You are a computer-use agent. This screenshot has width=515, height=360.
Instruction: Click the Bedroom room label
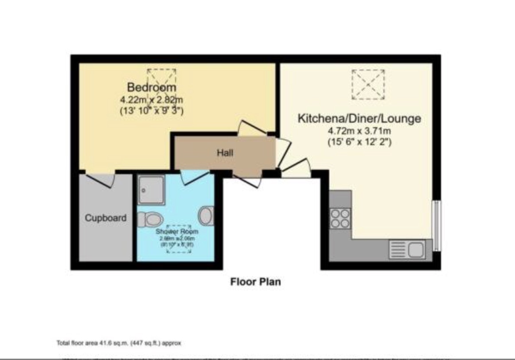click(152, 87)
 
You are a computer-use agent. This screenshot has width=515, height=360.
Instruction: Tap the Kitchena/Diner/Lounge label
click(359, 119)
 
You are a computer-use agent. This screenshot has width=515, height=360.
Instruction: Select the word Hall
click(225, 153)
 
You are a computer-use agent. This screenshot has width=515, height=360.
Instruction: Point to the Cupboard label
click(105, 218)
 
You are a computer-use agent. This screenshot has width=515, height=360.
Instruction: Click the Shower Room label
click(177, 231)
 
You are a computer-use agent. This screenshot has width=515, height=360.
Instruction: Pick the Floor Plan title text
click(255, 282)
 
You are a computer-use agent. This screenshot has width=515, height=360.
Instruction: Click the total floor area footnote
click(119, 343)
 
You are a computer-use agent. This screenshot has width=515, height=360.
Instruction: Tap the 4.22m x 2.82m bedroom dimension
click(152, 99)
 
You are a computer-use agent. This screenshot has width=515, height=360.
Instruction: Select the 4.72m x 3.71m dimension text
click(359, 131)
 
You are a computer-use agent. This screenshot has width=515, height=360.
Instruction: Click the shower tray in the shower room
click(151, 189)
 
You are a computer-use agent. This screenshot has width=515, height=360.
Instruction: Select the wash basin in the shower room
click(206, 216)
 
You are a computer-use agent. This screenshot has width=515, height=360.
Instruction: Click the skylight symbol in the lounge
click(368, 85)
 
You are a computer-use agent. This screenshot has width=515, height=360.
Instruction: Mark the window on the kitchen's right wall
click(437, 225)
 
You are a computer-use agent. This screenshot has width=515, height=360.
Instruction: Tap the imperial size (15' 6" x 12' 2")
click(359, 143)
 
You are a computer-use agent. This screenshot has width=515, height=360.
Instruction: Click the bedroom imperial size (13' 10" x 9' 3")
click(152, 111)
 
